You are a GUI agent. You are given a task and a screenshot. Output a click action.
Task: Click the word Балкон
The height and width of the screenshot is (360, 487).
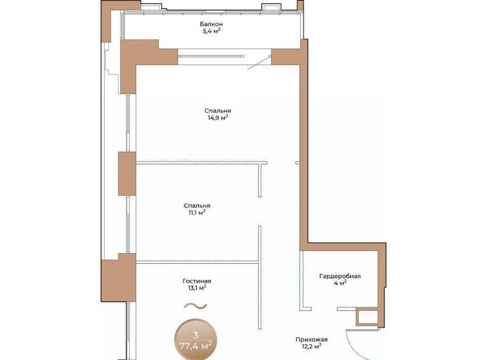[211, 24]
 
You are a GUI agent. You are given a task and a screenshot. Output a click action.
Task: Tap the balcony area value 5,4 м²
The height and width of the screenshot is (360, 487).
[211, 31]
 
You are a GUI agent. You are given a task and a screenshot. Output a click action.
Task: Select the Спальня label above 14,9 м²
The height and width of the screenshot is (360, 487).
[218, 111]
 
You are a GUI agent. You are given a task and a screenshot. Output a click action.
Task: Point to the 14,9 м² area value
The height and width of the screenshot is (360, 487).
[218, 118]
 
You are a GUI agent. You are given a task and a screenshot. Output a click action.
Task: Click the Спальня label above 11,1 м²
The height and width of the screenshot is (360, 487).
[197, 206]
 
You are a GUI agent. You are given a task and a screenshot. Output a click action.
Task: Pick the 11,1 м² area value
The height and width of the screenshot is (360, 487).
[197, 212]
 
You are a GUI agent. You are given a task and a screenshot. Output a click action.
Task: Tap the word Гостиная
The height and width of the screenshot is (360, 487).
[197, 281]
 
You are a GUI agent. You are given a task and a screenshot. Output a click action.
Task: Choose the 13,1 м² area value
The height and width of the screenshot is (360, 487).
[197, 288]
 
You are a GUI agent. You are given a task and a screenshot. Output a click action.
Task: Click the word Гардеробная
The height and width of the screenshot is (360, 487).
[340, 276]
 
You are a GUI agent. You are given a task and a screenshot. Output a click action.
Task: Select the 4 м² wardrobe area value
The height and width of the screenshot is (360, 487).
[340, 283]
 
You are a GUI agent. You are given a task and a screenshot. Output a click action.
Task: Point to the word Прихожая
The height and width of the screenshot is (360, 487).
[311, 340]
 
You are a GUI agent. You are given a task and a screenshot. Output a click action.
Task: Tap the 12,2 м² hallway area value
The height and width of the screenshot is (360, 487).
[311, 346]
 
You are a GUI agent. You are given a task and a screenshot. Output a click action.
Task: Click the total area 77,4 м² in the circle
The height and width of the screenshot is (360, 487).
[197, 345]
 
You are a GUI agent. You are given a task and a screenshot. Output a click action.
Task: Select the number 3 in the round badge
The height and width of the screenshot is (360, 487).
[195, 335]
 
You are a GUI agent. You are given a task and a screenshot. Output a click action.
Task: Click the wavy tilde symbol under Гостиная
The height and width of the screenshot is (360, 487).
[195, 306]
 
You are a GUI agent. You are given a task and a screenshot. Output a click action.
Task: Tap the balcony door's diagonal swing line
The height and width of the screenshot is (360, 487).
[259, 63]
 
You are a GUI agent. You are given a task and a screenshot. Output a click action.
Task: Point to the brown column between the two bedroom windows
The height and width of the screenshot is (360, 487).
[127, 174]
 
